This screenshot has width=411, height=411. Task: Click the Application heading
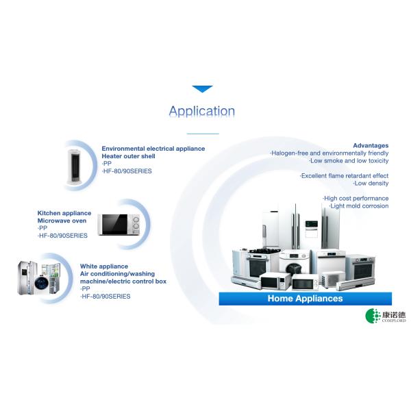pyautogui.click(x=202, y=111)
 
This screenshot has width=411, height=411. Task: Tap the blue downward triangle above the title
pyautogui.click(x=202, y=89)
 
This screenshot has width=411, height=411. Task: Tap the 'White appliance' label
pyautogui.click(x=104, y=266)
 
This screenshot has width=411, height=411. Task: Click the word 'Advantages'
pyautogui.click(x=371, y=145)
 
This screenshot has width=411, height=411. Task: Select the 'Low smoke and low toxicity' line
pyautogui.click(x=349, y=160)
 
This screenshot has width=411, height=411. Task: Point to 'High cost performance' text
pyautogui.click(x=356, y=198)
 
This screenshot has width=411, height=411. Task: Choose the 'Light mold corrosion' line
pyautogui.click(x=358, y=206)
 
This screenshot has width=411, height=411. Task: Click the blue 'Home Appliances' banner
pyautogui.click(x=305, y=299)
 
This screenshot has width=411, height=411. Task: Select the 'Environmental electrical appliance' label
pyautogui.click(x=153, y=148)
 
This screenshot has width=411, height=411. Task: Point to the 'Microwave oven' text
pyautogui.click(x=62, y=221)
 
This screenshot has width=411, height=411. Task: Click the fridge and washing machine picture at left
pyautogui.click(x=40, y=279)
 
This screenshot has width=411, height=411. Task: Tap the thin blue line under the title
pyautogui.click(x=202, y=134)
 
